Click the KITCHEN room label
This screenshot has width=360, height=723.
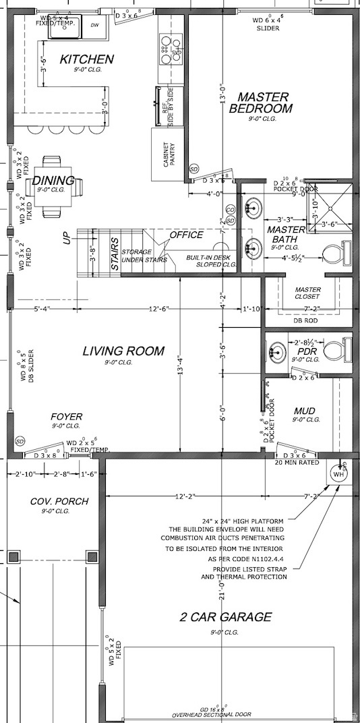pyautogui.click(x=86, y=60)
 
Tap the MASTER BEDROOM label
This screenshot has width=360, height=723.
pyautogui.click(x=262, y=103)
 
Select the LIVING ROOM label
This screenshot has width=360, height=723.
pyautogui.click(x=123, y=351)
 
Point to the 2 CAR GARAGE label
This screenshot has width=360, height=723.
pyautogui.click(x=226, y=616)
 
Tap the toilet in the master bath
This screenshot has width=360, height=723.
pyautogui.click(x=334, y=254)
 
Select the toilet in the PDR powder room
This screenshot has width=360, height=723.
pyautogui.click(x=336, y=351)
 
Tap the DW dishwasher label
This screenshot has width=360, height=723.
pyautogui.click(x=94, y=25)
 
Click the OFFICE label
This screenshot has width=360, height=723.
pyautogui.click(x=186, y=235)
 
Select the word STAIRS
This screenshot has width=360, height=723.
pyautogui.click(x=115, y=254)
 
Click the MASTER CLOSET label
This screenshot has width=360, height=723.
pyautogui.click(x=307, y=293)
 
